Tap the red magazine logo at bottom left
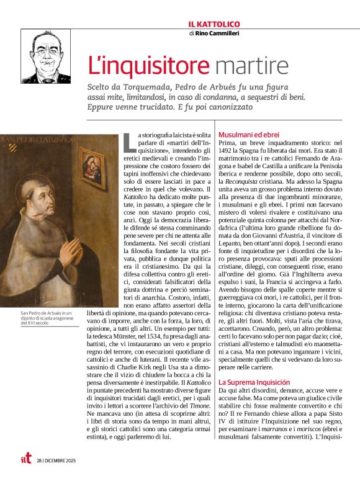pos(25,459)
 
